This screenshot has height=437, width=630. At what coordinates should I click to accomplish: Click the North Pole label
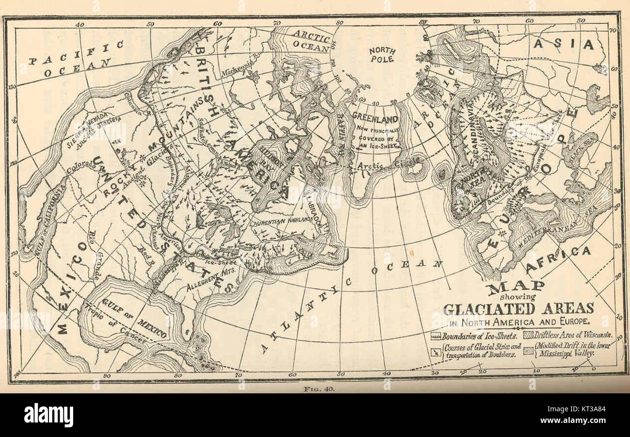pyautogui.click(x=382, y=54)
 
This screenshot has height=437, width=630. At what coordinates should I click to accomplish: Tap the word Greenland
pyautogui.click(x=375, y=118)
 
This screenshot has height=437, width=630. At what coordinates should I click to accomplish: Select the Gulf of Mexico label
pyautogui.click(x=134, y=318)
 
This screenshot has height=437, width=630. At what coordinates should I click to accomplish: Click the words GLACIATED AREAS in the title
pyautogui.click(x=518, y=308)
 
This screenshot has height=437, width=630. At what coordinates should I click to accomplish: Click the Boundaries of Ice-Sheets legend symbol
pyautogui.click(x=436, y=336)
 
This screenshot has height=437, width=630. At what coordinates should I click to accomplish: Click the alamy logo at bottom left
pyautogui.click(x=48, y=415)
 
